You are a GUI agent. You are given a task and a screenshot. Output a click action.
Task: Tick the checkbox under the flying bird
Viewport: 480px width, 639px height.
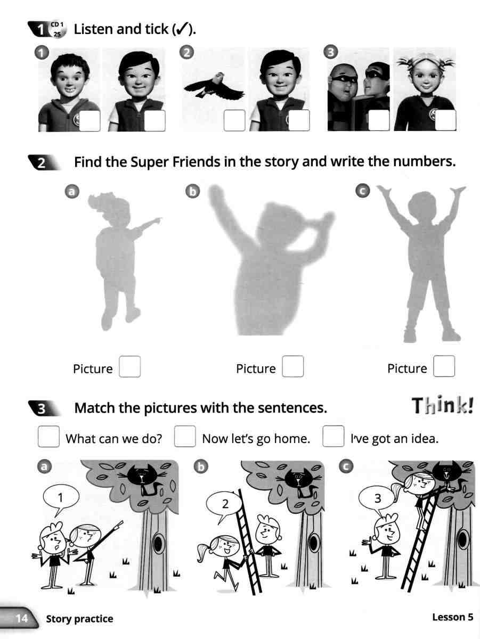234,121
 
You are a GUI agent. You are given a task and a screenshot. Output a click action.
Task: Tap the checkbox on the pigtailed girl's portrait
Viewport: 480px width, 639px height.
446,121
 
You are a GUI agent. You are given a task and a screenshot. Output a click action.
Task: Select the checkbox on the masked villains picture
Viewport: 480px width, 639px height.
379,121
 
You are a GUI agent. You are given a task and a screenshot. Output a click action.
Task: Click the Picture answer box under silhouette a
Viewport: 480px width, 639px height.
130,367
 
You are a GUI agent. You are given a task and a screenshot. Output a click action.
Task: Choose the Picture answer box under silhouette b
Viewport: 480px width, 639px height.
293,367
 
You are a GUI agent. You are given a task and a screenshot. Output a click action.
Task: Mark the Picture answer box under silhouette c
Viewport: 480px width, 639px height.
444,367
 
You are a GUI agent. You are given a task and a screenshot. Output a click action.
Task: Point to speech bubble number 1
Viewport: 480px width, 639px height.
60,499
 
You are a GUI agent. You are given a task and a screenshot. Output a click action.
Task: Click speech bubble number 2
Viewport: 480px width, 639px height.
225,503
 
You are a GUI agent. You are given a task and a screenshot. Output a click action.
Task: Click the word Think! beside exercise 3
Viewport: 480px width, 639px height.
443,407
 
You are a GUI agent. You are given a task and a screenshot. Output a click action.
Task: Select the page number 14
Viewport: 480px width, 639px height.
22,618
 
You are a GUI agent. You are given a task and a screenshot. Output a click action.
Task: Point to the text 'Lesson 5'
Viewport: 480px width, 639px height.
452,618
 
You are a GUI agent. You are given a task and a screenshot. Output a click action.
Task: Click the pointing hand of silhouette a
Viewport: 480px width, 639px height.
158,220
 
